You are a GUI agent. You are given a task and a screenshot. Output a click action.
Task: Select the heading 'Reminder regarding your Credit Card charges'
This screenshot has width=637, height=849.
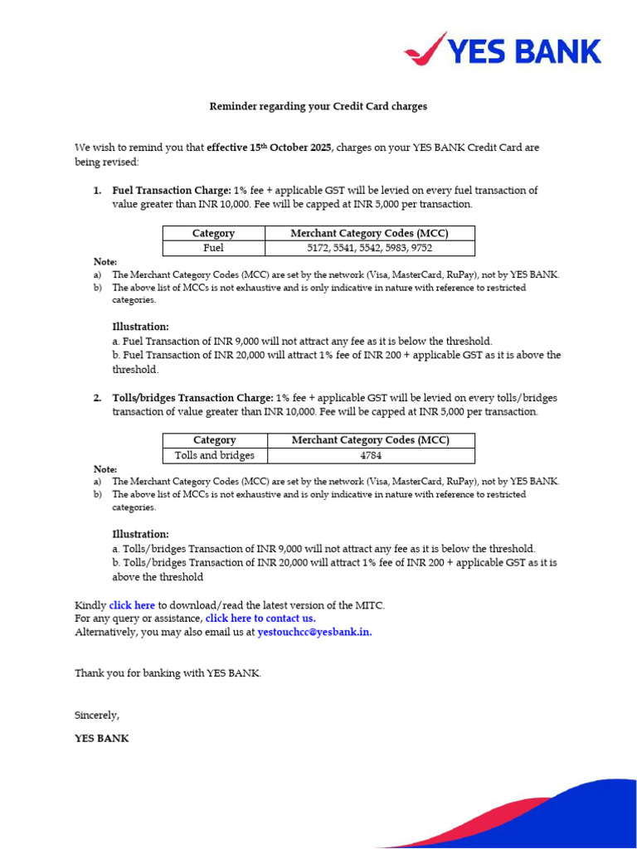[318, 107]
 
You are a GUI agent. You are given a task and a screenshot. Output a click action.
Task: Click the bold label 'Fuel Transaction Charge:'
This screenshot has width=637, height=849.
[172, 191]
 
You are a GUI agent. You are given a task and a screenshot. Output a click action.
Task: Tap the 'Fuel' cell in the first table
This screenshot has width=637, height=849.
[213, 248]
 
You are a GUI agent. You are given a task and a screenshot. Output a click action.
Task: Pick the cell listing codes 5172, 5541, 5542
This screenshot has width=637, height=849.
[370, 248]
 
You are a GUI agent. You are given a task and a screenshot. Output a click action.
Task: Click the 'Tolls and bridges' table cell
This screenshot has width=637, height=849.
[214, 455]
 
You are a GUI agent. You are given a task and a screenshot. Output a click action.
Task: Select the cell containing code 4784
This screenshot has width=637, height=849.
[370, 455]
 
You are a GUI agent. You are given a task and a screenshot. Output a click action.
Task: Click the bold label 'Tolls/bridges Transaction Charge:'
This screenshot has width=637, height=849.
[192, 398]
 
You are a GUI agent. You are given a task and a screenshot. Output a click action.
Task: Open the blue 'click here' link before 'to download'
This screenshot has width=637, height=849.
[132, 605]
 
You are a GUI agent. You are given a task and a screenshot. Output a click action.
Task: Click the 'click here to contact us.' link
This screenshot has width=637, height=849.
[260, 619]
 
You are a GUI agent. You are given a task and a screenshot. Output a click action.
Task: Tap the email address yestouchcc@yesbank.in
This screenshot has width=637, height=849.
[314, 632]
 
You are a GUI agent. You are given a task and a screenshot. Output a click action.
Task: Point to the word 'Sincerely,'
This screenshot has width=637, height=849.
[97, 715]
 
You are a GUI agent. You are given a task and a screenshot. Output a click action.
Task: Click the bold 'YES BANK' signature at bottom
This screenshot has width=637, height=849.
[102, 738]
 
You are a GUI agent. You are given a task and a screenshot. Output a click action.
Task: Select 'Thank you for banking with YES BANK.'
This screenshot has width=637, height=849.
[168, 673]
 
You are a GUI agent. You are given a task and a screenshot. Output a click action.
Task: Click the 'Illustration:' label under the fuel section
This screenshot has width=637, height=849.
[140, 327]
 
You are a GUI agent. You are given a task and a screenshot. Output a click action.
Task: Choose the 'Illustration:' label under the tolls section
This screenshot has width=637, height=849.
[140, 534]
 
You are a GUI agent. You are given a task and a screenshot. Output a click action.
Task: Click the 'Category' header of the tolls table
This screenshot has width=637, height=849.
[214, 440]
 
